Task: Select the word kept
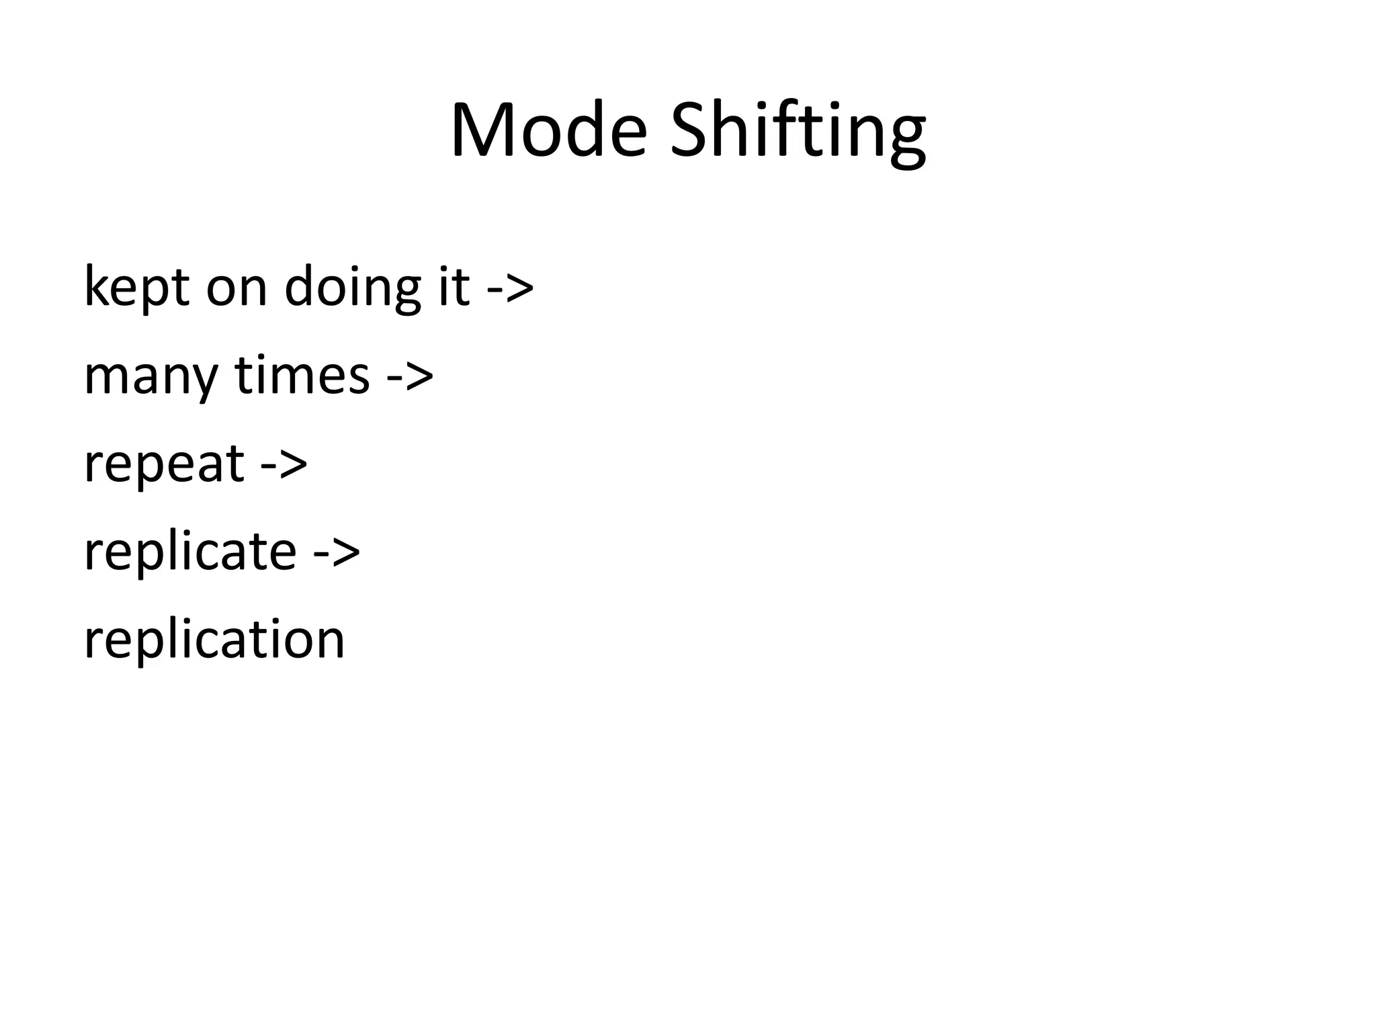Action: coord(137,288)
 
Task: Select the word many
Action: coord(150,376)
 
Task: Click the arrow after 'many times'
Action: coord(410,376)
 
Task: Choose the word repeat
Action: coord(163,464)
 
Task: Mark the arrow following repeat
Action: coord(284,464)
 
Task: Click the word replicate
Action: coord(190,551)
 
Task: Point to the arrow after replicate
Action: coord(337,551)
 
